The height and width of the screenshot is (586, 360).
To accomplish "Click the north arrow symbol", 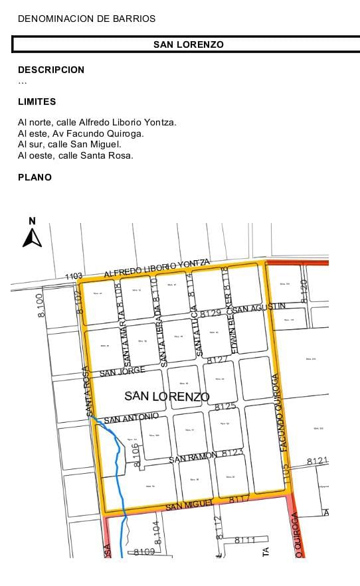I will click(x=32, y=234).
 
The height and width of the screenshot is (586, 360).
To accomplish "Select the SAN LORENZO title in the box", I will click(x=188, y=44).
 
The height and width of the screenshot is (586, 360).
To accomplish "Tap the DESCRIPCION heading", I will click(x=51, y=70).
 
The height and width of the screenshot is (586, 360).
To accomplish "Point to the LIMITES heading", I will click(x=37, y=102).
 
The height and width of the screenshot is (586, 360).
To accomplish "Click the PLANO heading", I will click(x=35, y=177).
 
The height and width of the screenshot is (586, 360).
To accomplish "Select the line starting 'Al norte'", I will click(x=97, y=122).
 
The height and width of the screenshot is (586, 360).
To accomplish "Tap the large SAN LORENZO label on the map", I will click(x=167, y=397).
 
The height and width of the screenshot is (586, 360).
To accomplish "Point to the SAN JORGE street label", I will click(x=122, y=372).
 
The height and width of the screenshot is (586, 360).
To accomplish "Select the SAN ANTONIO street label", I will click(x=131, y=417).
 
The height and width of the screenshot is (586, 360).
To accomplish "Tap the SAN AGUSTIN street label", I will click(x=260, y=307).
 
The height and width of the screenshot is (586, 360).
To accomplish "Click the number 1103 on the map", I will click(x=74, y=275).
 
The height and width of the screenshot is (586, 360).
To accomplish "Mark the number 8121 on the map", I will click(x=317, y=461).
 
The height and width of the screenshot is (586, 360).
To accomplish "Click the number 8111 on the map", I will click(x=245, y=540).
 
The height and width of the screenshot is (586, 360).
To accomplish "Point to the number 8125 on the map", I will click(x=226, y=406).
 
